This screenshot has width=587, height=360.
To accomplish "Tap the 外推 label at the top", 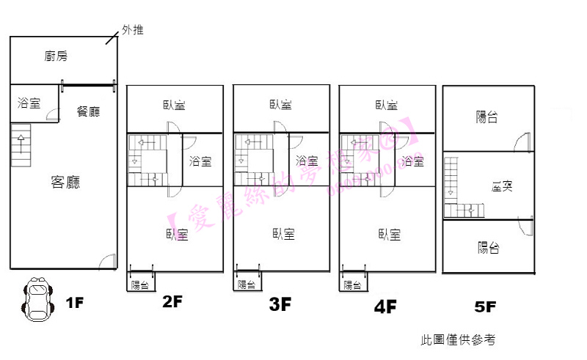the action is click(133, 30).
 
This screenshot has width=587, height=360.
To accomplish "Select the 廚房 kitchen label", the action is click(56, 56).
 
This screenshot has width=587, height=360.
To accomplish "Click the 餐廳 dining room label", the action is click(88, 111).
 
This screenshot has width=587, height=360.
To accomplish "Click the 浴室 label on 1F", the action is click(29, 103).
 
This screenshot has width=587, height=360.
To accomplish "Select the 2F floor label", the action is click(173, 302).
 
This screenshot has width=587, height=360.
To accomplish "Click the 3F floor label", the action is click(280, 304).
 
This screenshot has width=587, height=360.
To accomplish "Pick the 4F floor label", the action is click(385, 306).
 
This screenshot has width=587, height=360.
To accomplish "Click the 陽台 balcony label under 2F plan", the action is click(139, 285).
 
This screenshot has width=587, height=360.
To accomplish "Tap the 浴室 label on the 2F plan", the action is click(200, 161).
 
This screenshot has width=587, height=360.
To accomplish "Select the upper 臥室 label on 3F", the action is click(280, 105).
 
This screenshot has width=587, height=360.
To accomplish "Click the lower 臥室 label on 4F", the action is click(390, 235).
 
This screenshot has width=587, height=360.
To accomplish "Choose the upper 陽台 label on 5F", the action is click(487, 116).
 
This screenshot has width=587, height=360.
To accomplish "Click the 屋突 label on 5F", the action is click(502, 186).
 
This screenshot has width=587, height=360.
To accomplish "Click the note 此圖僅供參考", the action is click(459, 339).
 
